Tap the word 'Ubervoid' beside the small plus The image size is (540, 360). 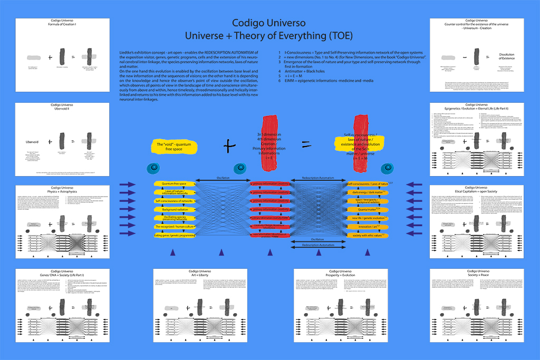pos(35,142)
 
